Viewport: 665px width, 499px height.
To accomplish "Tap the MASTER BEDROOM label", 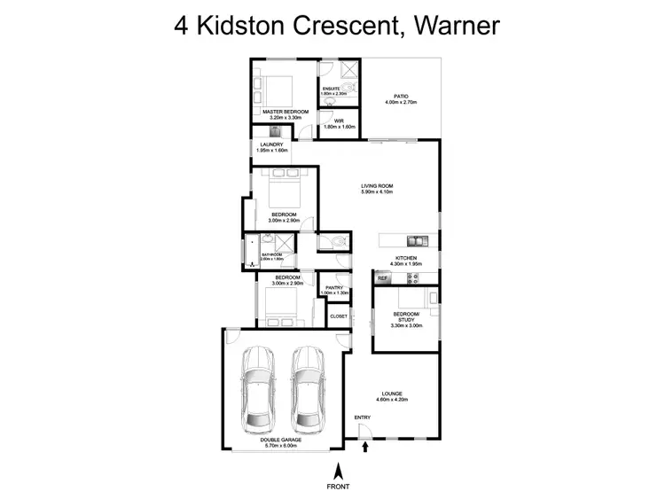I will click(x=286, y=111).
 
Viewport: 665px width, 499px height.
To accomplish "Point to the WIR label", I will click(x=338, y=121).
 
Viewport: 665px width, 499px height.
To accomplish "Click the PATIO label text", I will click(x=401, y=97).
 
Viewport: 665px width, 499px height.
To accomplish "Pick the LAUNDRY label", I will click(x=271, y=144).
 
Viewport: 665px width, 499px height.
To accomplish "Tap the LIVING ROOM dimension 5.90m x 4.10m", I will click(x=377, y=191).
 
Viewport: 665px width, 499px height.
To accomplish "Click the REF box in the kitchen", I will click(x=383, y=278).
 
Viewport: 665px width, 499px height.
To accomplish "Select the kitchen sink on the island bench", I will click(x=413, y=240).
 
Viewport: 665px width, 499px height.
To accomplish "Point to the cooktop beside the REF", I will click(x=411, y=278).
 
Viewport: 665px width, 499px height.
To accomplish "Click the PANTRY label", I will click(x=334, y=287).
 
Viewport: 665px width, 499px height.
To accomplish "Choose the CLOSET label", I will click(x=339, y=316).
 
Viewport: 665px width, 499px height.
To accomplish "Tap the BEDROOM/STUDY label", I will click(x=407, y=317).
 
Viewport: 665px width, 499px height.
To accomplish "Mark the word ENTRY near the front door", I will click(x=363, y=417).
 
